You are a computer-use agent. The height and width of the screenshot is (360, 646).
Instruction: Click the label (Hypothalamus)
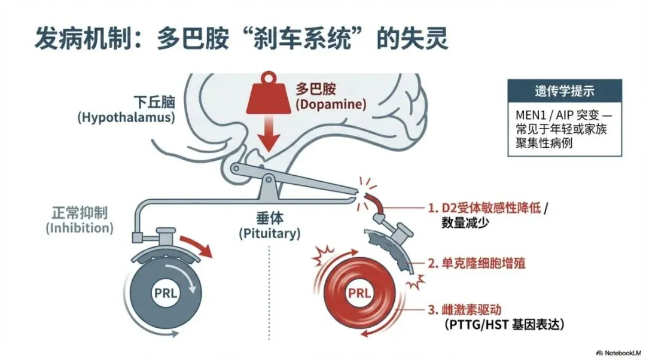(126, 117)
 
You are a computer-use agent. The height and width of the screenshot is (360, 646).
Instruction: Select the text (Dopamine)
(331, 104)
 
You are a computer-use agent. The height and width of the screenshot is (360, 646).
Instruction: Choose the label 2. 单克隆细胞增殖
(476, 263)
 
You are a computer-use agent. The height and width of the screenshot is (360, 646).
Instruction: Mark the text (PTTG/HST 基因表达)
(504, 325)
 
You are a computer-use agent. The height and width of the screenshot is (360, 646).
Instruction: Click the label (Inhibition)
(79, 228)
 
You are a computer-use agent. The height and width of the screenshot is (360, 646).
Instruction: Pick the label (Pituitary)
(269, 234)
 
